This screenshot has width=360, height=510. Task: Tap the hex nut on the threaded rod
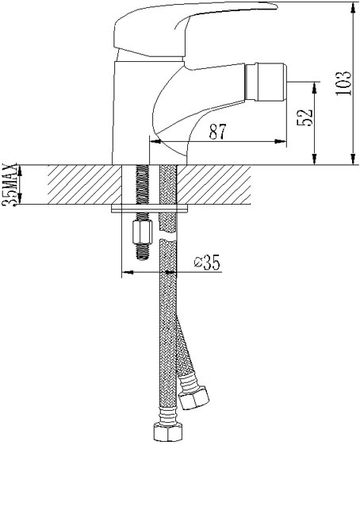coord(144,232)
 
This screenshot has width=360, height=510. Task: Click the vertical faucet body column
coord(131,111)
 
